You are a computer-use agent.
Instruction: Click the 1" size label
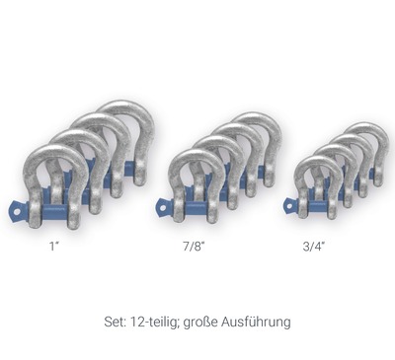point(54,246)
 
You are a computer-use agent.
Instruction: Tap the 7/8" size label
point(195,247)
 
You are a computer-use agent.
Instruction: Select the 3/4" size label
point(314,247)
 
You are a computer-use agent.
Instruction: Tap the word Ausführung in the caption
point(256,322)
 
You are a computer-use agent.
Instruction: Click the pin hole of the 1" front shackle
point(17,209)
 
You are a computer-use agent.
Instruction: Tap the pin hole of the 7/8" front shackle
point(163,207)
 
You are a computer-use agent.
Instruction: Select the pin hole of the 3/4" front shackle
point(289,206)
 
